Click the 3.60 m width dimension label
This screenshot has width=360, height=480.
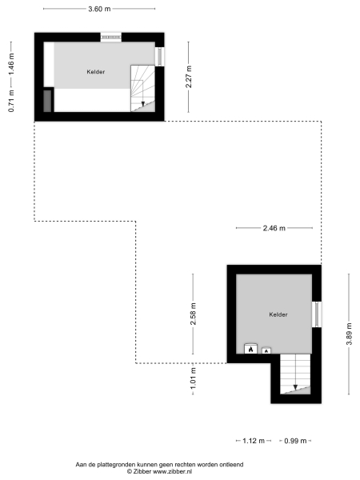point(99,9)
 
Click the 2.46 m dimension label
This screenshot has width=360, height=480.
point(274,229)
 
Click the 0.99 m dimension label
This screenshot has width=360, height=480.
point(294,441)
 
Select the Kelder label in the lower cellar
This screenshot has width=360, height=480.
point(278,314)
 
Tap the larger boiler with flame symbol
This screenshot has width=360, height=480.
point(251,349)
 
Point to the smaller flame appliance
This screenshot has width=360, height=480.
point(267,350)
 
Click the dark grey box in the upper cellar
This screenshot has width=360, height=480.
point(48,100)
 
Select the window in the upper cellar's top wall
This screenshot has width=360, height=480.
point(110,36)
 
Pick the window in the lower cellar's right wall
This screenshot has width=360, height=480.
point(317,313)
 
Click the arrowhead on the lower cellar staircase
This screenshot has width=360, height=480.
point(295,388)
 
